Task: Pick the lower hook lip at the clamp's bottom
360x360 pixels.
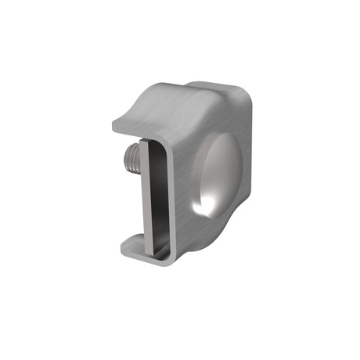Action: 133,249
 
